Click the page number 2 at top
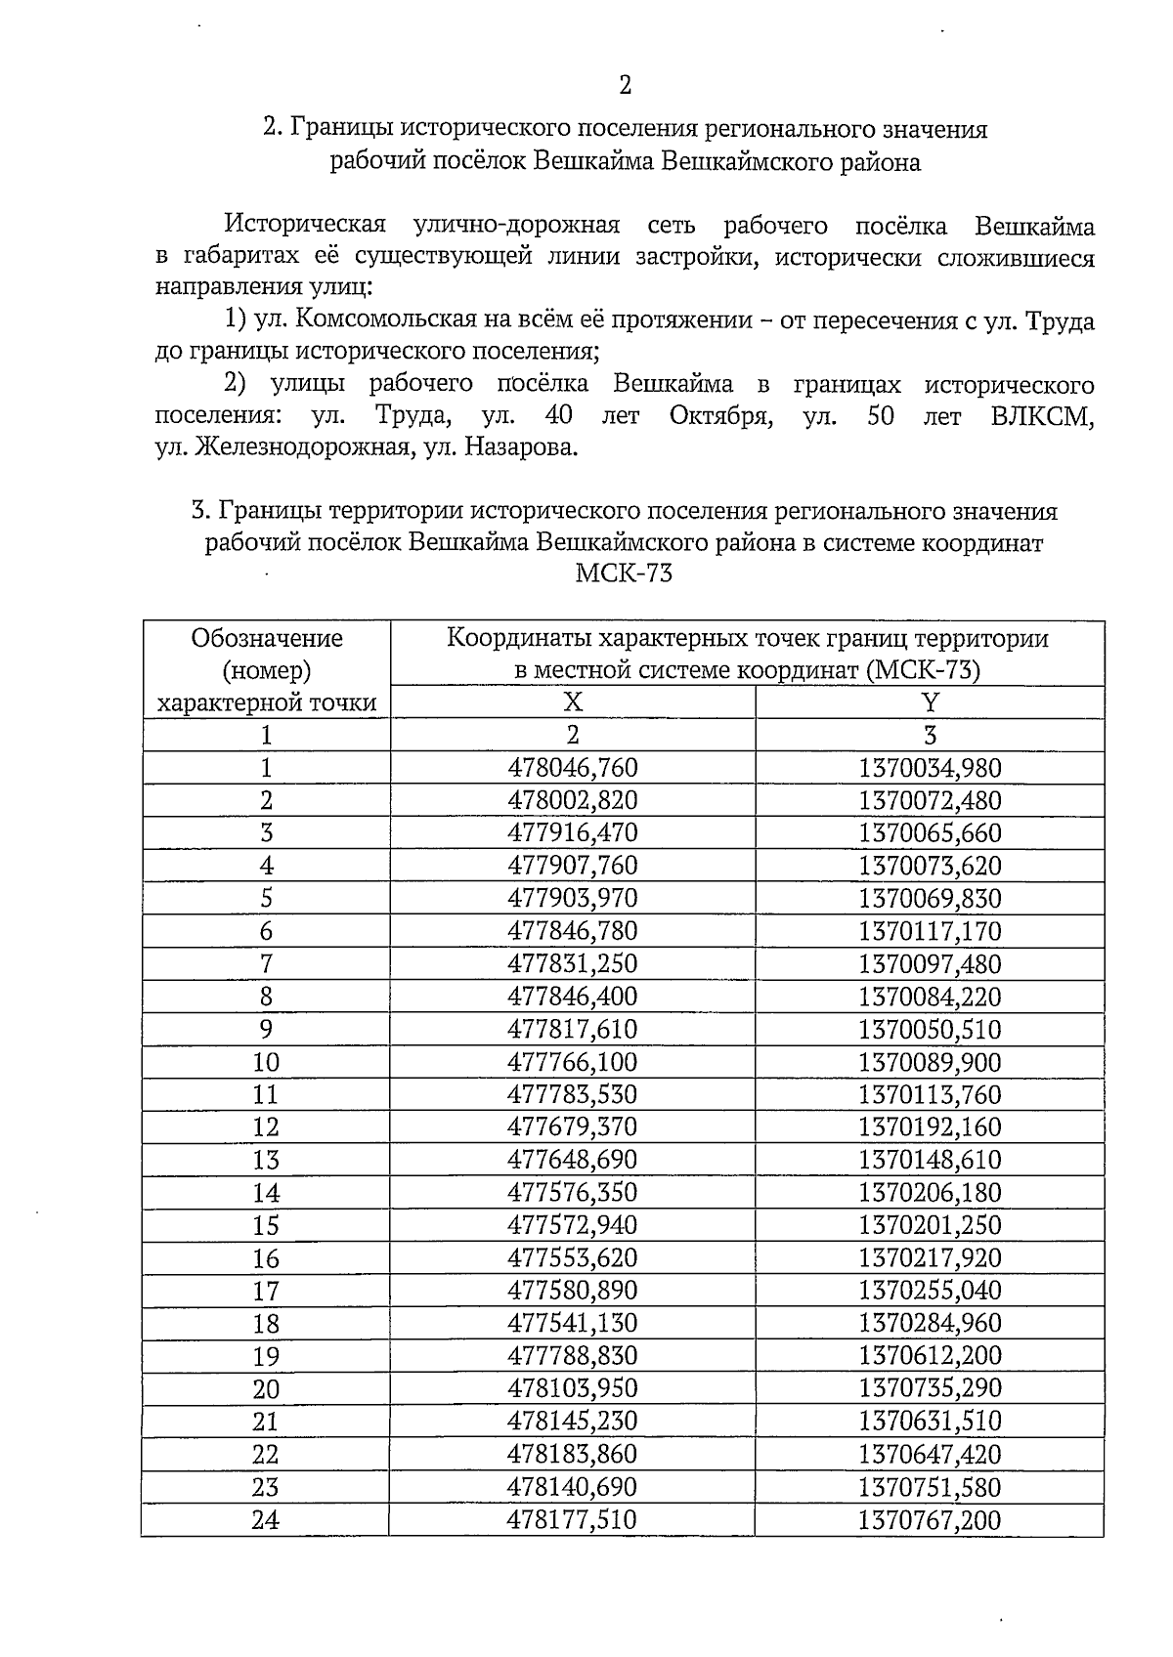point(626,86)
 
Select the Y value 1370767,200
point(930,1520)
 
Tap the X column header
point(573,702)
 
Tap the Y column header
point(930,702)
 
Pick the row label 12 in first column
point(266,1127)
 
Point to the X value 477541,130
point(573,1324)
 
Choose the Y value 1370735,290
point(930,1389)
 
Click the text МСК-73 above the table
point(624,574)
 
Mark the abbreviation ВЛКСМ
point(1041,416)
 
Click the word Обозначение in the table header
point(267,639)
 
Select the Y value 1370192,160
point(930,1127)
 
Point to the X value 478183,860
point(573,1455)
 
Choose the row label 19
point(266,1356)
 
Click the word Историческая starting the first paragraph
point(305,226)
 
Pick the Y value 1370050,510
point(930,1030)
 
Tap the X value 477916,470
point(573,833)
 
